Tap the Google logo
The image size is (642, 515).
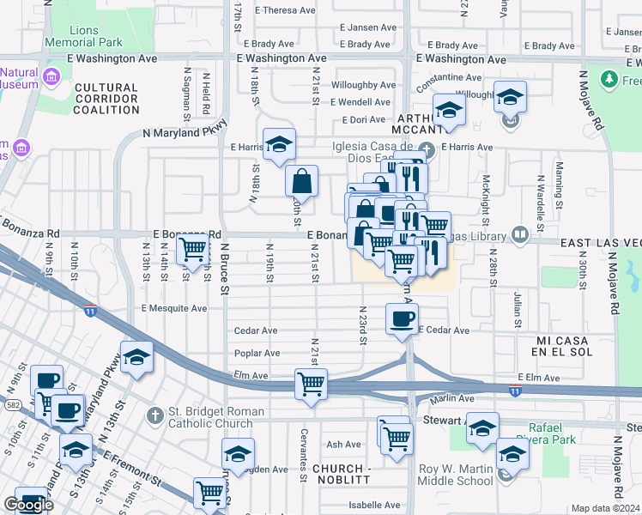pos(28,505)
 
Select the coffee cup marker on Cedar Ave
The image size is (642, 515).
pos(402,321)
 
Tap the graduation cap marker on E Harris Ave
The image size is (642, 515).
pos(279,145)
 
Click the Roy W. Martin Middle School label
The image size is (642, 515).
pos(455,475)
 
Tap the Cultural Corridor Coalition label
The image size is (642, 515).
pos(106,99)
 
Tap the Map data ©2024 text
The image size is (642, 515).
pos(606,508)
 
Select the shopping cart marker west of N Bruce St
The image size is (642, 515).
pos(194,250)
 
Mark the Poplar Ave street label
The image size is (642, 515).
pos(257,353)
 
